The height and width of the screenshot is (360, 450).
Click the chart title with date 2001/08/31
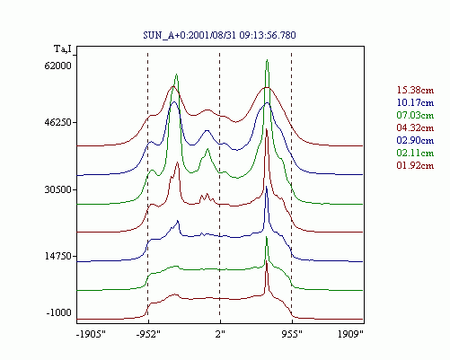pos(219,35)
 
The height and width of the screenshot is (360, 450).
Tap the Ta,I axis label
pos(63,48)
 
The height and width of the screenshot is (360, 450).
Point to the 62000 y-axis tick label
pos(57,66)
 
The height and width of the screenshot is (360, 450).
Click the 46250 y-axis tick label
pos(57,122)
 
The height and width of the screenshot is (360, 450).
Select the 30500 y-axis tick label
pos(57,189)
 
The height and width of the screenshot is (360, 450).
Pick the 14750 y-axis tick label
pos(57,256)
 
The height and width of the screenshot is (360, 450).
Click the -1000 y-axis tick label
pos(59,312)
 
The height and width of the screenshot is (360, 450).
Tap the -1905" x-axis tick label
pos(92,334)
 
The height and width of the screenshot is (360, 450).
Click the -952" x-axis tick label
pos(148,334)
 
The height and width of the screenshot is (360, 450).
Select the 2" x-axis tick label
pos(220,334)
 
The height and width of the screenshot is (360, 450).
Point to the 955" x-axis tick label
pos(292,334)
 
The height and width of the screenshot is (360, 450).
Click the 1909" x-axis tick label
pos(350,334)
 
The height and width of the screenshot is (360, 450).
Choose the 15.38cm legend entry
pos(415,90)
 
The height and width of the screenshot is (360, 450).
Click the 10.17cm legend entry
pos(415,102)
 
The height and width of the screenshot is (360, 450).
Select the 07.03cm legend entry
pos(415,115)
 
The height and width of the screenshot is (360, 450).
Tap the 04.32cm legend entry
pos(415,127)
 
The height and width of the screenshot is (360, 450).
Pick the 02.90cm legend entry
pos(415,140)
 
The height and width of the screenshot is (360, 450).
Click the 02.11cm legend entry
pos(415,153)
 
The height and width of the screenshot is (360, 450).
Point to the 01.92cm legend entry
pos(415,165)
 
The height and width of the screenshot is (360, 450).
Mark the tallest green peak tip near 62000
pos(267,60)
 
